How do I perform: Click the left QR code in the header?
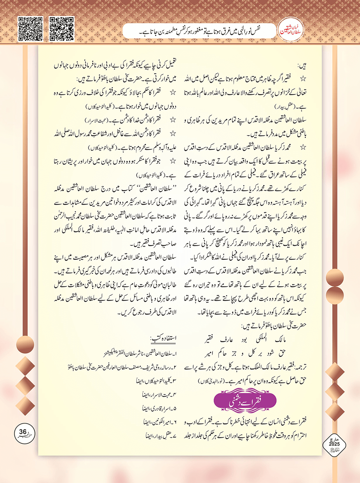click(x=31, y=29)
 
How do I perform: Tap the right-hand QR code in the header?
click(x=62, y=29)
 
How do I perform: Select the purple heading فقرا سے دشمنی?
click(x=245, y=401)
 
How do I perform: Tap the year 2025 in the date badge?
click(x=334, y=444)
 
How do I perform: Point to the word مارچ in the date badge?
click(x=334, y=439)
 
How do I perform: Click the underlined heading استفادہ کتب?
click(x=163, y=338)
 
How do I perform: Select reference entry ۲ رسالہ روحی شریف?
click(x=123, y=368)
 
